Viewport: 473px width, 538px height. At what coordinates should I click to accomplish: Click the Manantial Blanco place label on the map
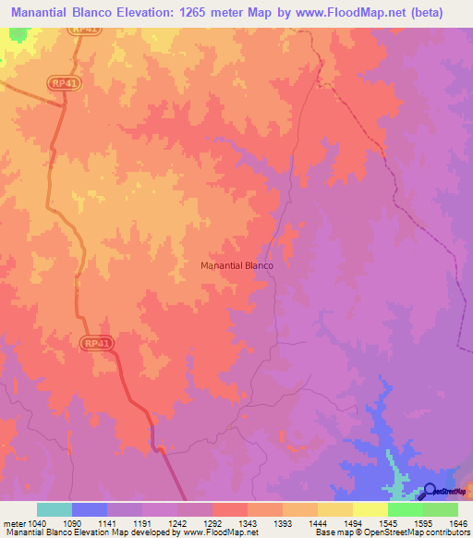click(x=236, y=265)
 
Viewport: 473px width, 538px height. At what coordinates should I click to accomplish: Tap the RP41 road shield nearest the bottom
click(x=96, y=343)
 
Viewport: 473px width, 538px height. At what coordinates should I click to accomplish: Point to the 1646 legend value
click(x=457, y=523)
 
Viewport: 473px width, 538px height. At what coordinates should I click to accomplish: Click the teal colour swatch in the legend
click(x=55, y=509)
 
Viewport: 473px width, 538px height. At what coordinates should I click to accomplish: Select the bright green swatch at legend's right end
click(x=440, y=509)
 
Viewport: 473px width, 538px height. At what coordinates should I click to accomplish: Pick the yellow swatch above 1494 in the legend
click(x=334, y=509)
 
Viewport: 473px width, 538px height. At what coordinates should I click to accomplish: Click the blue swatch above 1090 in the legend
click(x=90, y=509)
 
